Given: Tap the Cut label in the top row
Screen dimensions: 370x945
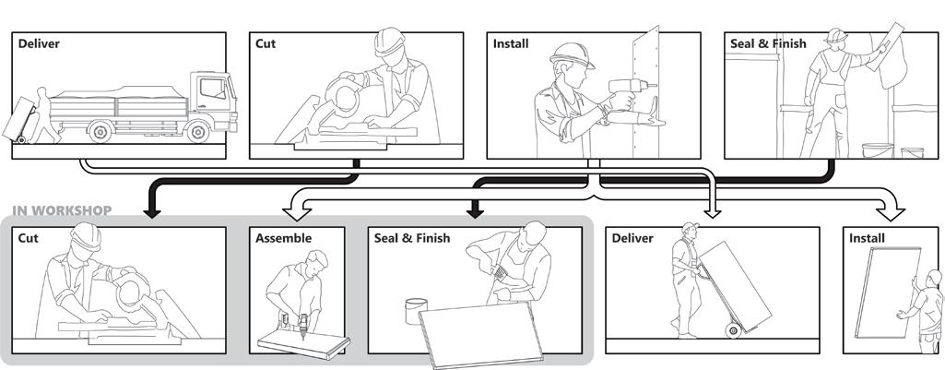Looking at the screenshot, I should point(266,43).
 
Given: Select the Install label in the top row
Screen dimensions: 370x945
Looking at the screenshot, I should point(511,43).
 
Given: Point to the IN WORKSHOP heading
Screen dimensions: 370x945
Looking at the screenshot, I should point(62,211).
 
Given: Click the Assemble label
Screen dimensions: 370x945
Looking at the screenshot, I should point(283,238).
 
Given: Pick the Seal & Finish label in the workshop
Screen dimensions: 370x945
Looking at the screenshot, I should point(412,238).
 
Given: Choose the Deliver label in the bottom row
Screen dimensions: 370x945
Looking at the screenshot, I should point(632,238).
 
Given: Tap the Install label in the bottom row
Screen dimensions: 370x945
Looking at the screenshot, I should point(867,238).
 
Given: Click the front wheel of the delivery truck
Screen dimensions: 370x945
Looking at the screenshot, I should point(196,132).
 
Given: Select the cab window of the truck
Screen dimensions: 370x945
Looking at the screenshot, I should point(213,89).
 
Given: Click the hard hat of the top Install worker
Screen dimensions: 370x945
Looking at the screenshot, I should point(572,54).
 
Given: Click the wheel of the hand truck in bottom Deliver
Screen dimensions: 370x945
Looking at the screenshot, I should point(734,331).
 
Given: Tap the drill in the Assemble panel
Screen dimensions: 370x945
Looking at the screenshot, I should point(301,324).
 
